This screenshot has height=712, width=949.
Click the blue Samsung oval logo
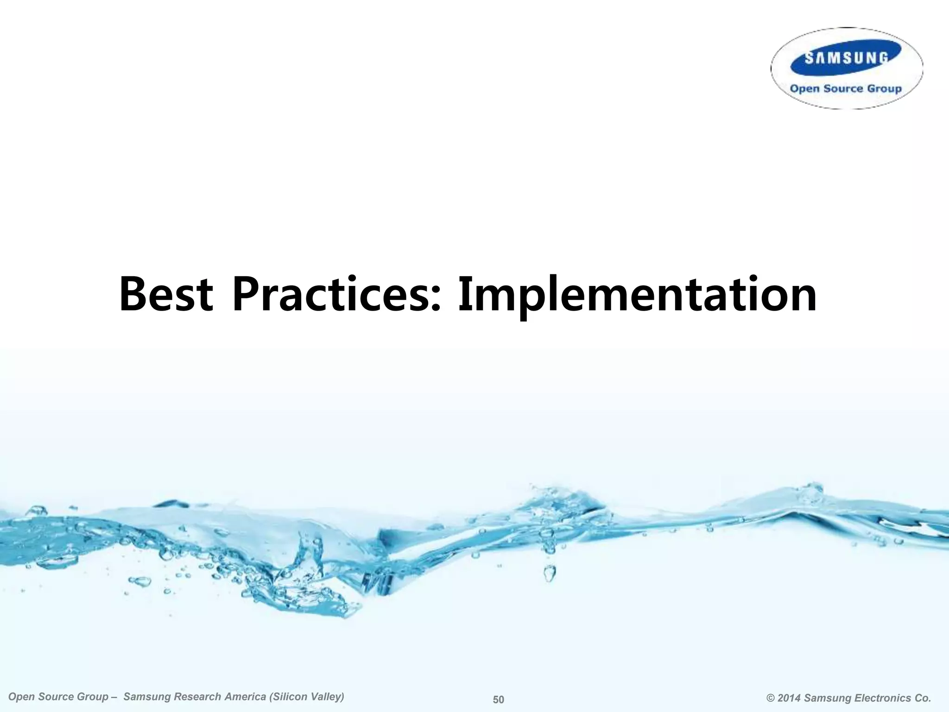(846, 58)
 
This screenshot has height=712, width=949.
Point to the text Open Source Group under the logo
(846, 89)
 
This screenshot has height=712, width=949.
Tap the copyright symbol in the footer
(771, 698)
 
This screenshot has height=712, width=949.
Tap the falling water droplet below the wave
(549, 573)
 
